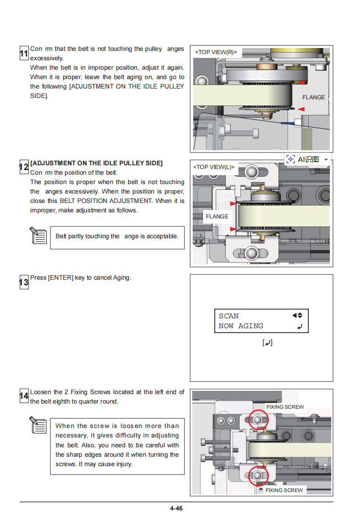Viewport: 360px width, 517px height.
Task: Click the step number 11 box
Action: (x=24, y=54)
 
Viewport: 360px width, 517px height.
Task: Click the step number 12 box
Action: (x=24, y=167)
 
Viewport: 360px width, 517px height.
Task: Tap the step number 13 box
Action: (x=24, y=282)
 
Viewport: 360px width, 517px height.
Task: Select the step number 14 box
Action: (x=24, y=396)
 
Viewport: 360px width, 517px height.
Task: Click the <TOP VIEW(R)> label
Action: (x=216, y=52)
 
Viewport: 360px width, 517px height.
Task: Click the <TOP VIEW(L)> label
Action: (x=214, y=167)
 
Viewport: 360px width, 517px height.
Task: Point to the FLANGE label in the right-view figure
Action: (x=313, y=97)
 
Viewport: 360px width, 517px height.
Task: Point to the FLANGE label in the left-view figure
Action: (x=217, y=217)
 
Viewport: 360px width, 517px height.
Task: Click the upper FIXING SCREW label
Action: (x=285, y=407)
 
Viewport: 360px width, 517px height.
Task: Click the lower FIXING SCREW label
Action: (x=284, y=490)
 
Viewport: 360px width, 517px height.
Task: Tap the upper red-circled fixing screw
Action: (x=258, y=419)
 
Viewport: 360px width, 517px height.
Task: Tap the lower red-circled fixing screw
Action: (x=258, y=475)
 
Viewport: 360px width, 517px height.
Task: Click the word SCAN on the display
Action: (x=229, y=316)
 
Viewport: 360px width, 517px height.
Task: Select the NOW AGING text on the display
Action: (x=241, y=326)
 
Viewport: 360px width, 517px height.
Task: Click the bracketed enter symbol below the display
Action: (x=267, y=343)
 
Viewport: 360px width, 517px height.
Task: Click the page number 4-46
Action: (x=176, y=509)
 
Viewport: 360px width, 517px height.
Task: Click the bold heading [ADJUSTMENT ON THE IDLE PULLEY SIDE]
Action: (x=96, y=163)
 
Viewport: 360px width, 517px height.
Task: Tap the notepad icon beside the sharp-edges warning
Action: (x=38, y=425)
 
